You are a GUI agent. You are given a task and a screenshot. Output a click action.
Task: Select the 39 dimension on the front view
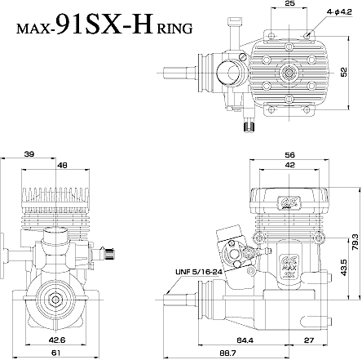(x=29, y=154)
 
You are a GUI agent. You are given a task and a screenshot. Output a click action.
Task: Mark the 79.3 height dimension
(x=354, y=243)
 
